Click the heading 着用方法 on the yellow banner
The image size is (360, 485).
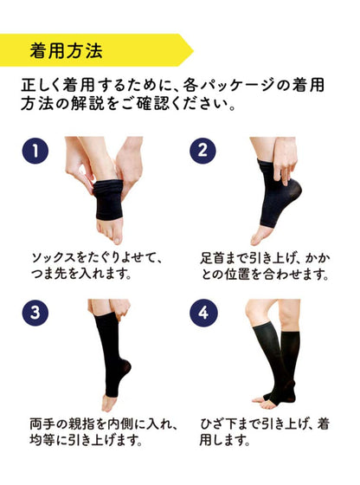(x=66, y=51)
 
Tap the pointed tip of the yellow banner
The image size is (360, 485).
(x=194, y=50)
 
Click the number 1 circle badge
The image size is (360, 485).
(x=35, y=151)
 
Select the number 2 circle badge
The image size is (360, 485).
(x=202, y=151)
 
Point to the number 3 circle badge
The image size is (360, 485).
(x=35, y=313)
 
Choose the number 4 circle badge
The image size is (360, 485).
(x=203, y=313)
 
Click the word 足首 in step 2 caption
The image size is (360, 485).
(x=212, y=258)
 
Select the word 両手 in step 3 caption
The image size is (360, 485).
(x=41, y=424)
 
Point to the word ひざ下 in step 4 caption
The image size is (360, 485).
(x=218, y=424)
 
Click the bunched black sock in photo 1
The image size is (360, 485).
(x=108, y=199)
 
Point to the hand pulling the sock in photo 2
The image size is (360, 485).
(x=285, y=162)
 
